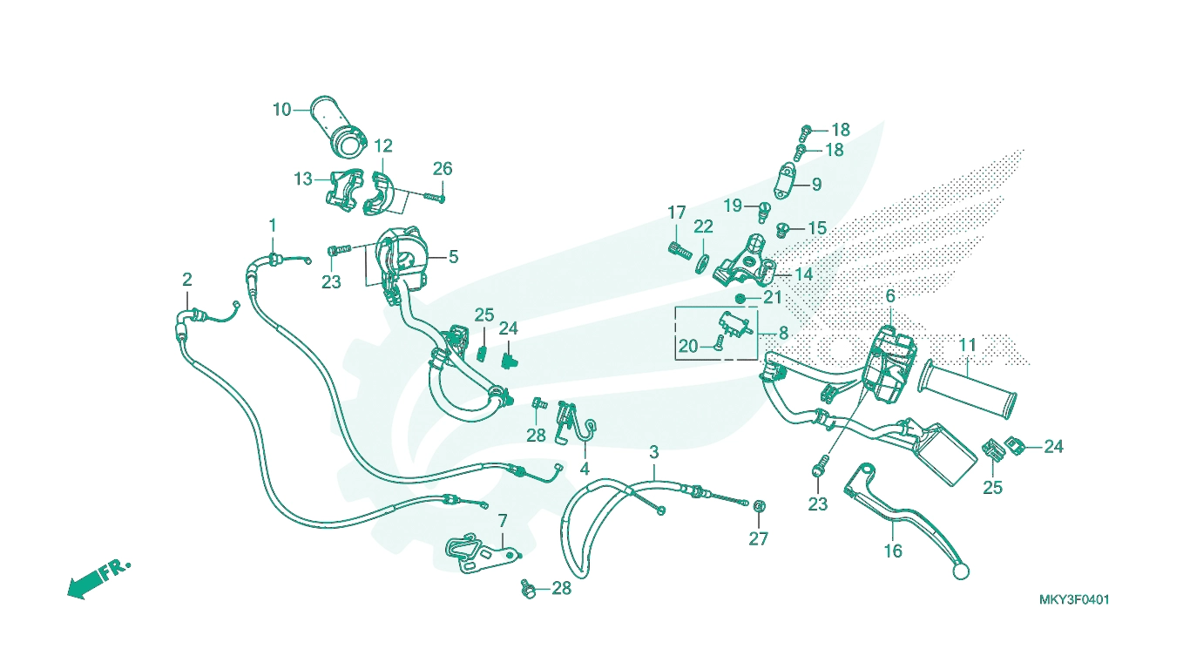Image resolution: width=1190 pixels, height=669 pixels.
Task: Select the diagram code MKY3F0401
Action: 1073,600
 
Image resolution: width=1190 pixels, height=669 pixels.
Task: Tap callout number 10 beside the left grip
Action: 282,110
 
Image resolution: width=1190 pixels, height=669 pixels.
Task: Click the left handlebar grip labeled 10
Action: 341,127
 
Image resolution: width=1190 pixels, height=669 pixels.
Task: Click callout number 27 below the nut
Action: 758,539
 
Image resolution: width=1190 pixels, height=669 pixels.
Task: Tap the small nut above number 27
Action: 760,505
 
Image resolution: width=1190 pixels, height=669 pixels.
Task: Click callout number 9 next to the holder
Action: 816,185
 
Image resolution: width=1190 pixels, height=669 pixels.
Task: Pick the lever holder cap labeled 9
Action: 787,180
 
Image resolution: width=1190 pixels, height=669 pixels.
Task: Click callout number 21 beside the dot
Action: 772,298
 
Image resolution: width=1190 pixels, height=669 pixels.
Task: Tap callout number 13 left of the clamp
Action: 303,179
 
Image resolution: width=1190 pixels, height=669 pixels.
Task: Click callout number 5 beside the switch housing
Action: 453,257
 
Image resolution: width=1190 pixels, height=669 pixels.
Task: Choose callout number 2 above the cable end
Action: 187,280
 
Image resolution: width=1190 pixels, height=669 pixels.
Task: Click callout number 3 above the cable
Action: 654,452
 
